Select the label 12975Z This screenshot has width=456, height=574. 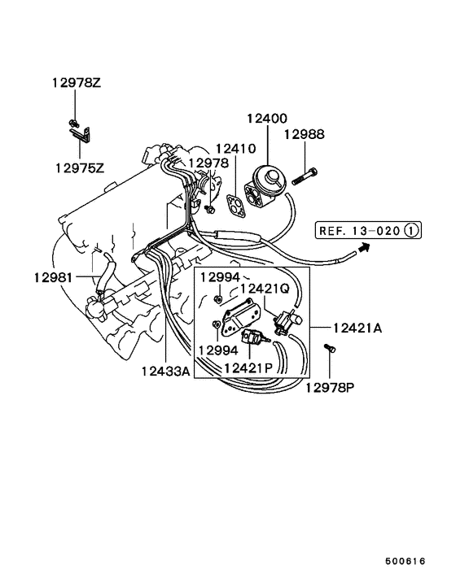(80, 168)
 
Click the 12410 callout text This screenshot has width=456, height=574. (235, 150)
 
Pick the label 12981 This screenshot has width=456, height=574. (54, 277)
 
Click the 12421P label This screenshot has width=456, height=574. (249, 368)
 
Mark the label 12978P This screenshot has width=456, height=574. (331, 387)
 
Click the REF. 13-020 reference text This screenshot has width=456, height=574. (358, 231)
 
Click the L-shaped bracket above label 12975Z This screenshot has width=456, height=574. (79, 139)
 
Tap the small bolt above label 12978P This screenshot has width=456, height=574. (331, 350)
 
